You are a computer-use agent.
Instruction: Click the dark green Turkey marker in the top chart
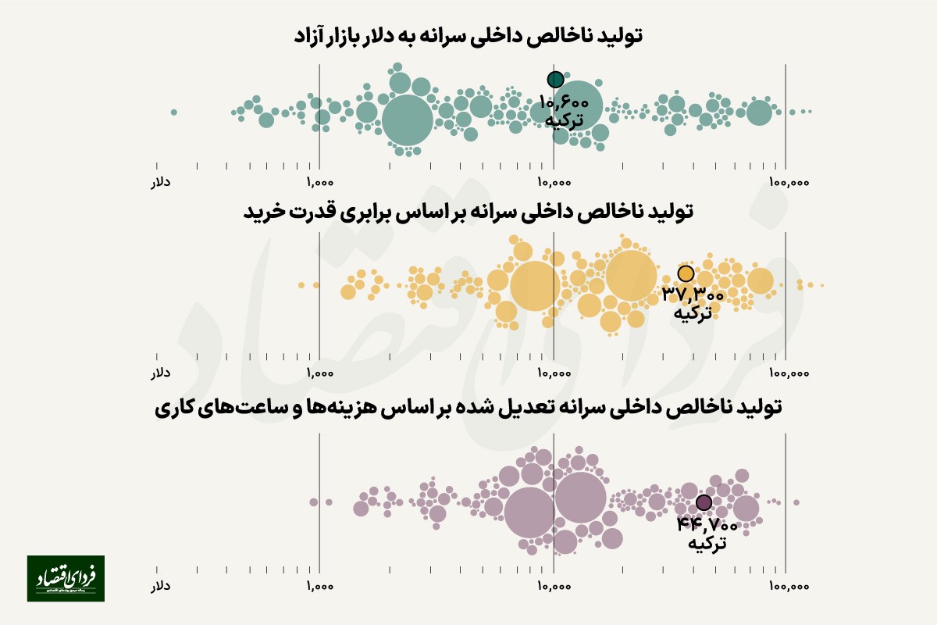(x=555, y=79)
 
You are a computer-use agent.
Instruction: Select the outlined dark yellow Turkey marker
(x=686, y=273)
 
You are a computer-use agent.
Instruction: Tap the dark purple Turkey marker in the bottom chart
(x=704, y=502)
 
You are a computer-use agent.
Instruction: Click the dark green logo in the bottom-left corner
(x=66, y=578)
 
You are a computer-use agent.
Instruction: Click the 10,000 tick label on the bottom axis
(x=553, y=584)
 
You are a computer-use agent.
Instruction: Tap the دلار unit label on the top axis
(x=160, y=182)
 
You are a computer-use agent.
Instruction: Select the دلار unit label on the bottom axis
(x=160, y=584)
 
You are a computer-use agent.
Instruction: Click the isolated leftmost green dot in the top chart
(x=173, y=112)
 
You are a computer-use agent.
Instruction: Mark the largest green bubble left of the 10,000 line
(x=407, y=120)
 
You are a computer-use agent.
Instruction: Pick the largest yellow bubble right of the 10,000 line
(x=631, y=275)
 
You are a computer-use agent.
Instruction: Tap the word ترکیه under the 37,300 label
(x=693, y=312)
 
